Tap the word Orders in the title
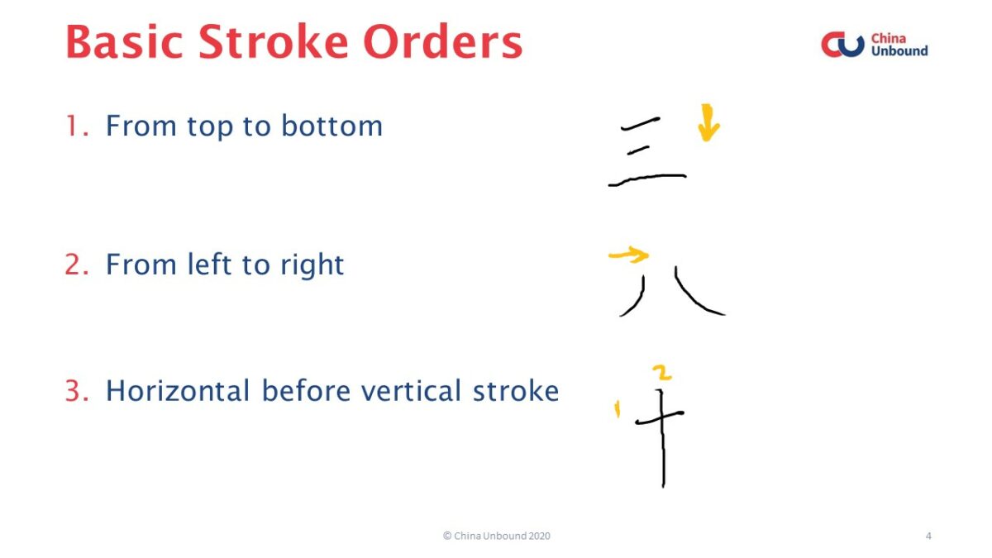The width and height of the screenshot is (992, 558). coord(444,43)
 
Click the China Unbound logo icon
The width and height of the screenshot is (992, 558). coord(842,45)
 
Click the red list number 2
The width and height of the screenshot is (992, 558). coord(76,265)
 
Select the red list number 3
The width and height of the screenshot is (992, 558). coord(76,391)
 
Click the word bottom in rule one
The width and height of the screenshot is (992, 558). coord(331,126)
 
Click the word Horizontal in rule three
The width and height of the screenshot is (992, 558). coord(177,391)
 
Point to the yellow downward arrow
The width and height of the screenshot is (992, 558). coord(708,122)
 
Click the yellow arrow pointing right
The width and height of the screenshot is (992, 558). coord(628,255)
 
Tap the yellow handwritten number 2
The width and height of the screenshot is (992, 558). coord(661,373)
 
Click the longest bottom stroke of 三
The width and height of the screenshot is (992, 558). coord(647,179)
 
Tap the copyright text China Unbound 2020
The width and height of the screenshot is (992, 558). coord(496,536)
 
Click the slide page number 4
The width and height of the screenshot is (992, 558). coord(928,536)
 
